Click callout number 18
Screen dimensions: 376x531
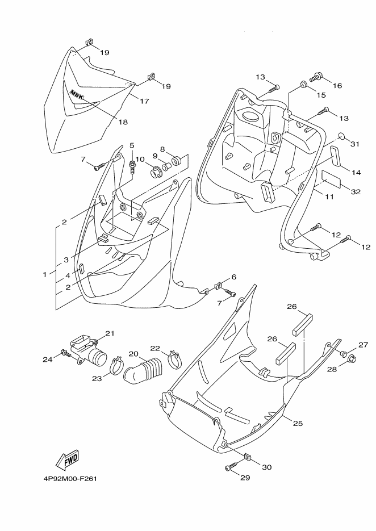(x=123, y=122)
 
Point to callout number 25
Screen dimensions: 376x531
(x=298, y=423)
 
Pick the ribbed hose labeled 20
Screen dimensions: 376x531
(x=143, y=371)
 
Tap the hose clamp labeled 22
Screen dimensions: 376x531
(x=175, y=359)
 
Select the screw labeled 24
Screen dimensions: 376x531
(x=66, y=354)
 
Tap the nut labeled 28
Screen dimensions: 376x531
(x=352, y=358)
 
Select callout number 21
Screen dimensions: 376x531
(x=110, y=333)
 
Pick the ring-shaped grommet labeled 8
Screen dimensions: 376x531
(x=177, y=160)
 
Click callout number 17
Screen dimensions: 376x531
(x=144, y=101)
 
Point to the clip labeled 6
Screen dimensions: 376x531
(x=219, y=286)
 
